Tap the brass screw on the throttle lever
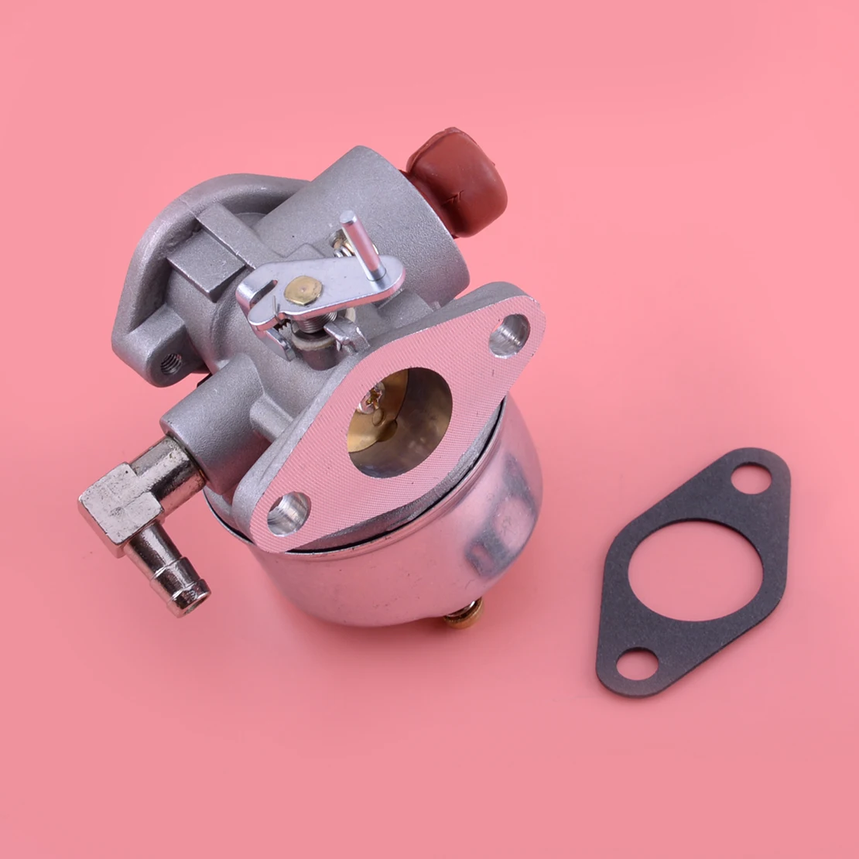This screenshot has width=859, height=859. pyautogui.click(x=303, y=289)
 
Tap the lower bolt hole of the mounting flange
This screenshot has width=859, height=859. pyautogui.click(x=289, y=512)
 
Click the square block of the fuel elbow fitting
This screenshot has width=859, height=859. pyautogui.click(x=116, y=503)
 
